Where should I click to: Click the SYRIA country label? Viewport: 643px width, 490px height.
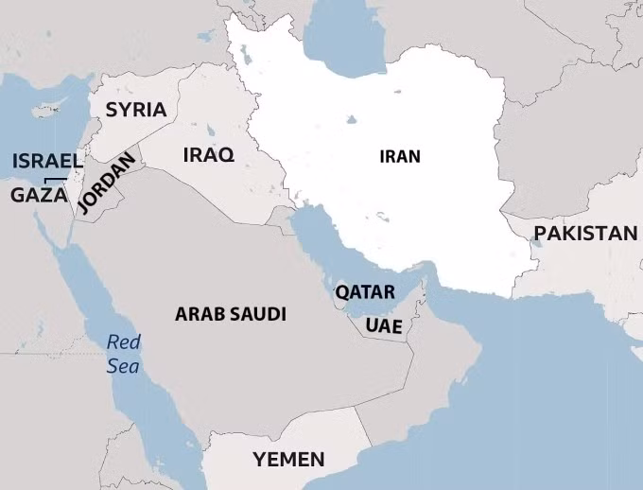coord(136,110)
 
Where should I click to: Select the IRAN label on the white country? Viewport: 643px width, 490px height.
coord(400,156)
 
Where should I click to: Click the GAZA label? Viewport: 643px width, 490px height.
coord(39,195)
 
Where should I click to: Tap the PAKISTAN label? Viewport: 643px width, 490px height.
coord(585,233)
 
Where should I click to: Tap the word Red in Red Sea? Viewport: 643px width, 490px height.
coord(123,342)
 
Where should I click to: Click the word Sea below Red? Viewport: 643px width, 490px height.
coord(123,365)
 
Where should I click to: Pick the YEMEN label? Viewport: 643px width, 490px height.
coord(288,461)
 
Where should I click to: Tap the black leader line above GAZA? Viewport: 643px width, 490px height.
coord(55,179)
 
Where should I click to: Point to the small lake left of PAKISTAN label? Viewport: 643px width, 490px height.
coord(535,243)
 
